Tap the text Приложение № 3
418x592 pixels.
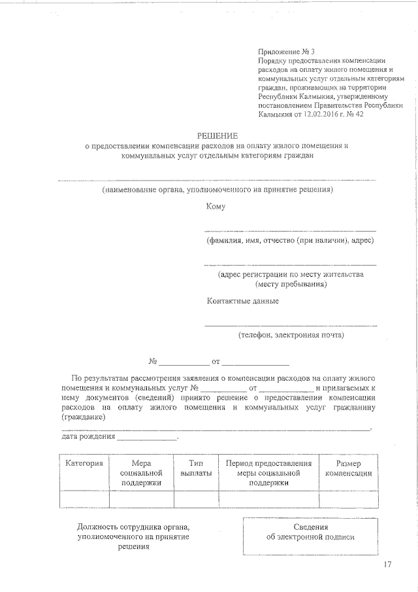tap(286, 51)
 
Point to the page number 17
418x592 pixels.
tap(387, 565)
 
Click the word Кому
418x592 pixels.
tap(216, 207)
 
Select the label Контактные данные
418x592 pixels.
tap(242, 301)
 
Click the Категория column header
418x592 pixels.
tap(84, 463)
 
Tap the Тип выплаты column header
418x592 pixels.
tap(196, 468)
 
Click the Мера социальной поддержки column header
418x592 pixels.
tap(141, 472)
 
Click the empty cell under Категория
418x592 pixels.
tap(84, 499)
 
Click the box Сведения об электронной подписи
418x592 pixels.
tap(310, 532)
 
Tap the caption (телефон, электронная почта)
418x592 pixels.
tap(291, 335)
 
